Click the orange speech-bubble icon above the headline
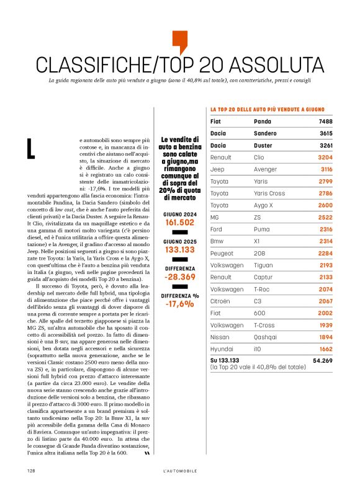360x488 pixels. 179,42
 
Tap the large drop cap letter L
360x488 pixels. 30,149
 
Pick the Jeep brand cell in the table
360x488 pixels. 217,169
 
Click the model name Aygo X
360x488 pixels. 266,205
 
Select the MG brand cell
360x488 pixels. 215,217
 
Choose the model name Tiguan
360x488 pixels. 265,265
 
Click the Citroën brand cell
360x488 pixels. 221,301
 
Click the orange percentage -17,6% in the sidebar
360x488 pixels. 179,304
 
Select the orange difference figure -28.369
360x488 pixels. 179,277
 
